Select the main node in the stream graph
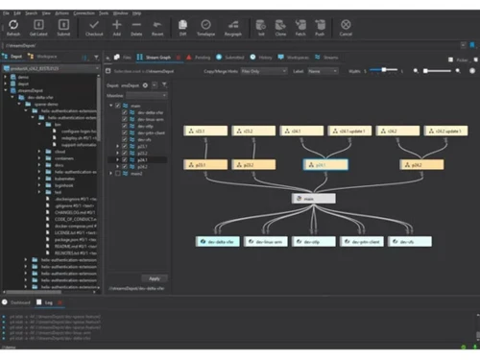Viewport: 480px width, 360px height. [x=314, y=198]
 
